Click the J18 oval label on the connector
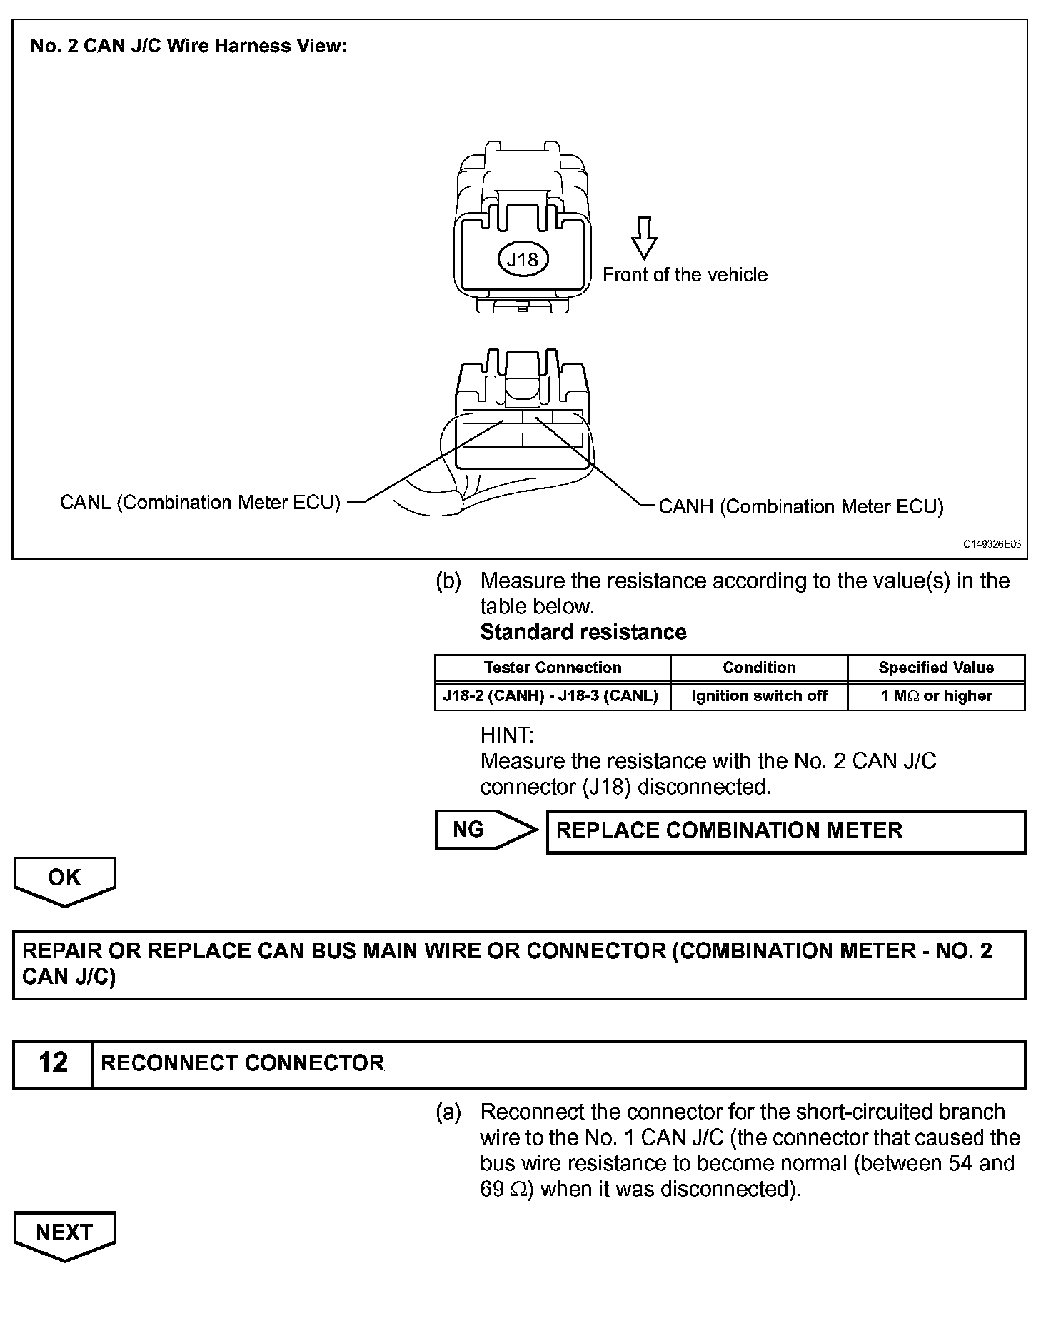522,259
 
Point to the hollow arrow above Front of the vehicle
644,238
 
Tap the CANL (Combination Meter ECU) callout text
200,503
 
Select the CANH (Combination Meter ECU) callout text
800,507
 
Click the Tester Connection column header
553,668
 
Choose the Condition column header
759,668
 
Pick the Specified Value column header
936,668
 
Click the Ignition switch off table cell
759,695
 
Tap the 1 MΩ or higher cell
936,695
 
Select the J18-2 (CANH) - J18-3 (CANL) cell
550,695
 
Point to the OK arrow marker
64,879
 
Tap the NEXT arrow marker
64,1234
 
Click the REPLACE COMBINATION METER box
785,830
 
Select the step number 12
53,1063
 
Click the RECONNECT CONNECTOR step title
243,1063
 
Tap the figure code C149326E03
992,544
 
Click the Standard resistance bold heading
583,632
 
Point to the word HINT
507,735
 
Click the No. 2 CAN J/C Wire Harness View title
188,46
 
